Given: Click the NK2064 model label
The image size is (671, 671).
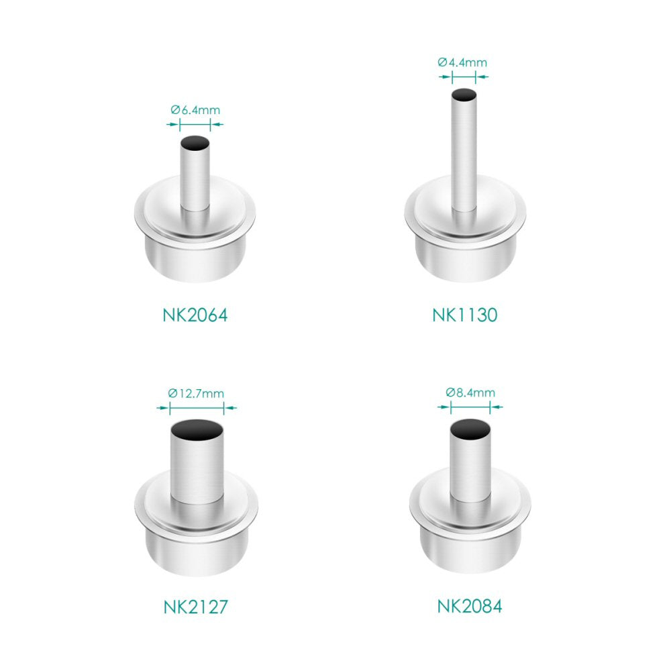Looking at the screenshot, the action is pyautogui.click(x=195, y=315).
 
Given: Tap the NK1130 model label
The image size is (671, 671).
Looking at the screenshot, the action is pyautogui.click(x=465, y=315).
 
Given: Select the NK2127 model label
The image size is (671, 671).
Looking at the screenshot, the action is pyautogui.click(x=196, y=607).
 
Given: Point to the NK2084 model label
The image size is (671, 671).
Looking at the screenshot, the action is pyautogui.click(x=470, y=607).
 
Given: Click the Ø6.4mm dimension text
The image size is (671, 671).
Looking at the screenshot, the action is pyautogui.click(x=195, y=110).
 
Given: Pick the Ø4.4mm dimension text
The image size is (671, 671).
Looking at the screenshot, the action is pyautogui.click(x=462, y=62).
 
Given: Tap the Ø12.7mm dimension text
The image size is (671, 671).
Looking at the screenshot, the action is pyautogui.click(x=196, y=393).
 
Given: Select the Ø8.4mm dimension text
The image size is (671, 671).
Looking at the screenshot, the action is pyautogui.click(x=470, y=393).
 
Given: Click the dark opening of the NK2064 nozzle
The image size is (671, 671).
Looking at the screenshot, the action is pyautogui.click(x=195, y=143).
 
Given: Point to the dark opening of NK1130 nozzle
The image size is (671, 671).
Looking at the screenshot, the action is pyautogui.click(x=464, y=95).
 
